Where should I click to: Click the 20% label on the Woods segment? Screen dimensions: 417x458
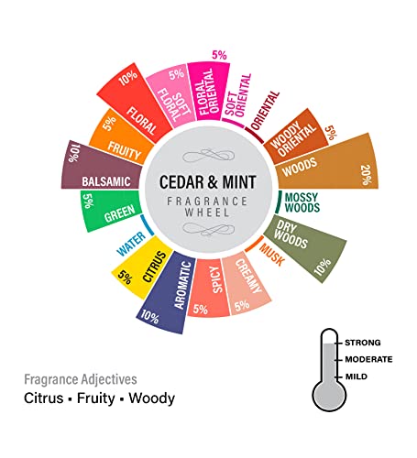pyautogui.click(x=366, y=175)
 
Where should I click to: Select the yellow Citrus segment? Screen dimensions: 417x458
pyautogui.click(x=140, y=267)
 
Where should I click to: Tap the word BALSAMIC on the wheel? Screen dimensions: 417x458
pyautogui.click(x=106, y=181)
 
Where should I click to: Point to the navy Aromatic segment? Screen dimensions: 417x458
pyautogui.click(x=167, y=292)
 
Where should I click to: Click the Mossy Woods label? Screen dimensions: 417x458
pyautogui.click(x=302, y=202)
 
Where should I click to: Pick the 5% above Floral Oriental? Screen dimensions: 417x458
pyautogui.click(x=219, y=55)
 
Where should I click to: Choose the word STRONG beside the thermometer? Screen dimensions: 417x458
pyautogui.click(x=363, y=343)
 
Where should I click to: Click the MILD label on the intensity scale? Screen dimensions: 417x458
pyautogui.click(x=357, y=376)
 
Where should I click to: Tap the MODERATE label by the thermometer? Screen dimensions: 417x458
pyautogui.click(x=368, y=359)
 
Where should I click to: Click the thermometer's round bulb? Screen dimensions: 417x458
pyautogui.click(x=329, y=396)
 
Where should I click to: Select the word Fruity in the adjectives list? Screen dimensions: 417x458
pyautogui.click(x=95, y=398)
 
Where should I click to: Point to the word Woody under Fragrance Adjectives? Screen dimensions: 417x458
pyautogui.click(x=151, y=398)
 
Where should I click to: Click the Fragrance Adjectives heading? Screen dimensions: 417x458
pyautogui.click(x=81, y=379)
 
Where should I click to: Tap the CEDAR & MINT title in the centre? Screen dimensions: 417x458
pyautogui.click(x=208, y=182)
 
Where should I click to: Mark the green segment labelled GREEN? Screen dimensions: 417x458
pyautogui.click(x=111, y=211)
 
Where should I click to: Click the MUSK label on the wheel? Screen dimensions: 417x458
pyautogui.click(x=271, y=255)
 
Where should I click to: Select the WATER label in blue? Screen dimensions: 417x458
pyautogui.click(x=131, y=244)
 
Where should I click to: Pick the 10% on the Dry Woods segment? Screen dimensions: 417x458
pyautogui.click(x=323, y=267)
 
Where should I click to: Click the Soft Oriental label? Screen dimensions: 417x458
pyautogui.click(x=238, y=95)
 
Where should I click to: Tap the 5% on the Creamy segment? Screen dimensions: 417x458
pyautogui.click(x=242, y=305)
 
